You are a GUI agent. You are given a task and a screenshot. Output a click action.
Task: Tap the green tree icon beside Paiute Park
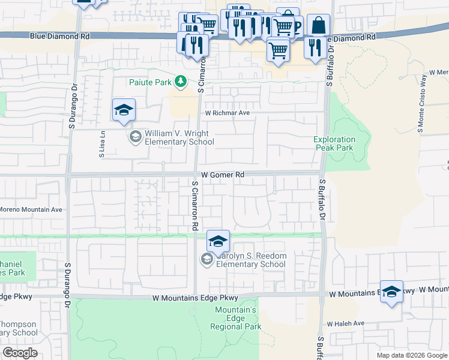(x=179, y=82)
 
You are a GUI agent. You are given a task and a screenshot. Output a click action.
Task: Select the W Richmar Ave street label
(x=226, y=112)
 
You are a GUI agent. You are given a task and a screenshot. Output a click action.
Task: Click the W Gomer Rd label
(x=222, y=175)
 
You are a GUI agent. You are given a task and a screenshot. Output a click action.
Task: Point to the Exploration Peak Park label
(x=334, y=143)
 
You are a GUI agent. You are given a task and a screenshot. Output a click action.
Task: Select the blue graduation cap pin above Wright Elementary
(x=124, y=110)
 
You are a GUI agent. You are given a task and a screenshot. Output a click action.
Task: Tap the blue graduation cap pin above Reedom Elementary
(x=218, y=241)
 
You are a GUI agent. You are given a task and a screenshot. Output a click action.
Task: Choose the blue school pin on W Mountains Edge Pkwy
(x=391, y=292)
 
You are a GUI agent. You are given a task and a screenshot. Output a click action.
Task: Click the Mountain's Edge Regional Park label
(x=236, y=318)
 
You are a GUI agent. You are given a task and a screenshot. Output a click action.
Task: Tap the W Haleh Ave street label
(x=346, y=323)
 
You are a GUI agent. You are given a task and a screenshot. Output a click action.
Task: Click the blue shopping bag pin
(x=319, y=26)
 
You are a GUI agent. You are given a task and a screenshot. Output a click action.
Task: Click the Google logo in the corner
(x=20, y=352)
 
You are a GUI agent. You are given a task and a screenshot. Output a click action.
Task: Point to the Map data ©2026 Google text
(x=412, y=355)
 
